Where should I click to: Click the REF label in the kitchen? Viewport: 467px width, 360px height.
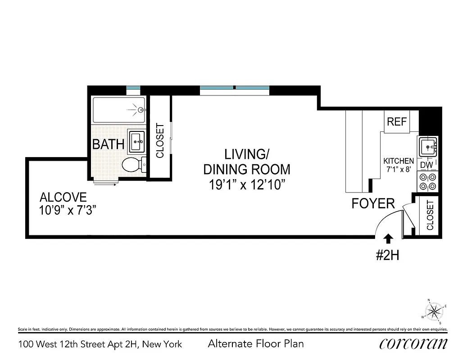coord(397,121)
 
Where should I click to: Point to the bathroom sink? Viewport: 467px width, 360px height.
coord(137,141)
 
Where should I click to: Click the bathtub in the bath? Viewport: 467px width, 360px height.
coord(119,109)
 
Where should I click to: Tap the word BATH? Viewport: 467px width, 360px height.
coord(108,144)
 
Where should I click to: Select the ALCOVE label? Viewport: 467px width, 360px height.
coord(63,197)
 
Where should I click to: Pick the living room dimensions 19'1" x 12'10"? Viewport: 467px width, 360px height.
coord(247,184)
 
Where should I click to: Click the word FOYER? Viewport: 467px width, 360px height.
coord(373,203)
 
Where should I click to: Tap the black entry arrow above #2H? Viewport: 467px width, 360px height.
coord(388,238)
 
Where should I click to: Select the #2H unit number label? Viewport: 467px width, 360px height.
coord(388,256)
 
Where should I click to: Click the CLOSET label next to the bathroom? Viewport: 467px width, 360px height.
coord(159,140)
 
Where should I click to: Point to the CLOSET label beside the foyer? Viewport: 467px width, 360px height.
coord(430,215)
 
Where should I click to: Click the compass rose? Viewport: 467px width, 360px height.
coord(434,310)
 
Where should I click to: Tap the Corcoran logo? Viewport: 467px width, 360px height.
coord(413,344)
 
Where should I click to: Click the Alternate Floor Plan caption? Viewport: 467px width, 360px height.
coord(255,344)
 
